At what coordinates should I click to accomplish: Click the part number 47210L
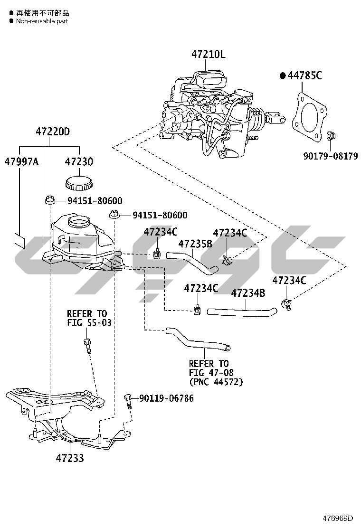pyautogui.click(x=208, y=55)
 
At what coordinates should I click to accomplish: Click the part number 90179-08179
pyautogui.click(x=331, y=156)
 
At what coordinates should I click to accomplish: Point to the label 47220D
pyautogui.click(x=53, y=132)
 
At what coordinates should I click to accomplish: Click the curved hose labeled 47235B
pyautogui.click(x=192, y=262)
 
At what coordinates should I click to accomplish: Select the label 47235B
pyautogui.click(x=195, y=244)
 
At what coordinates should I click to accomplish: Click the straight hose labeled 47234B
pyautogui.click(x=242, y=311)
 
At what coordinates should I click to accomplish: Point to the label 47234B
pyautogui.click(x=248, y=293)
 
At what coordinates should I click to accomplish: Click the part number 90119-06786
pyautogui.click(x=166, y=398)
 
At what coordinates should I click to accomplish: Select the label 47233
pyautogui.click(x=70, y=458)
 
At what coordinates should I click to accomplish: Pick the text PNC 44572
pyautogui.click(x=216, y=381)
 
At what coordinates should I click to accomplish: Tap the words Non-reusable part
pyautogui.click(x=42, y=21)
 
